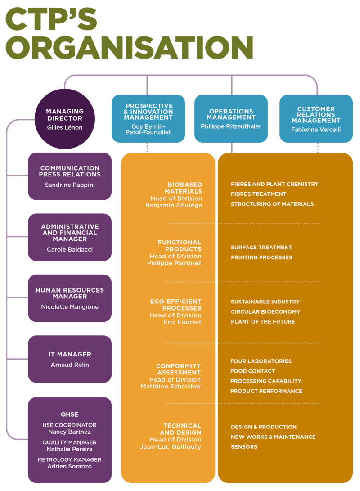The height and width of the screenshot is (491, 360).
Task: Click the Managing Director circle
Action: pos(64,119)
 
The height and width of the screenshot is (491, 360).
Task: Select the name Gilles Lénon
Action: pos(65,127)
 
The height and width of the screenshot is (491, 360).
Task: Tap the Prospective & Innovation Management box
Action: pos(148,118)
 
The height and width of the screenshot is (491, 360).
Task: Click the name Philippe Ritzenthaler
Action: pos(231,126)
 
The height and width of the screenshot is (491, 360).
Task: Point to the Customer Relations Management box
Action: pos(316,118)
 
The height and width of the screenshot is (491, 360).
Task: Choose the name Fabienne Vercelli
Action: pos(316,130)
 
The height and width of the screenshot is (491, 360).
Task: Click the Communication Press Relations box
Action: pos(70,176)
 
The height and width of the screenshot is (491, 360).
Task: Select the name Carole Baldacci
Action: pos(70,250)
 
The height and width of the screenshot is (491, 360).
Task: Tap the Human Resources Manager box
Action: pos(70,298)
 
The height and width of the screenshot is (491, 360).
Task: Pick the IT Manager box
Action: pos(70,359)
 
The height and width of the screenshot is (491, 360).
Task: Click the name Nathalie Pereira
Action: pos(69,449)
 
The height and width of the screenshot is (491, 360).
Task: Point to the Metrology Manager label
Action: pos(69,459)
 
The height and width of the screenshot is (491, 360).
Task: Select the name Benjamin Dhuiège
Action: pos(174,205)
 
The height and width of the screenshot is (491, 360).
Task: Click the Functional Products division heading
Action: pos(180,246)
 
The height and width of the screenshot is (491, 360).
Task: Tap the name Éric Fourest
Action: pos(183,322)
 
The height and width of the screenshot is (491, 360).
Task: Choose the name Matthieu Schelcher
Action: pos(171,387)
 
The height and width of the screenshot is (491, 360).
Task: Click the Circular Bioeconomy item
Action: pos(265,312)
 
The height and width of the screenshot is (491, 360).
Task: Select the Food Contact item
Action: pos(252,371)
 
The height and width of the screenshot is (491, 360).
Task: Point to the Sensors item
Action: pos(244,447)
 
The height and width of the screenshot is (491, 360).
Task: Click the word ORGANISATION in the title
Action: pos(129,47)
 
